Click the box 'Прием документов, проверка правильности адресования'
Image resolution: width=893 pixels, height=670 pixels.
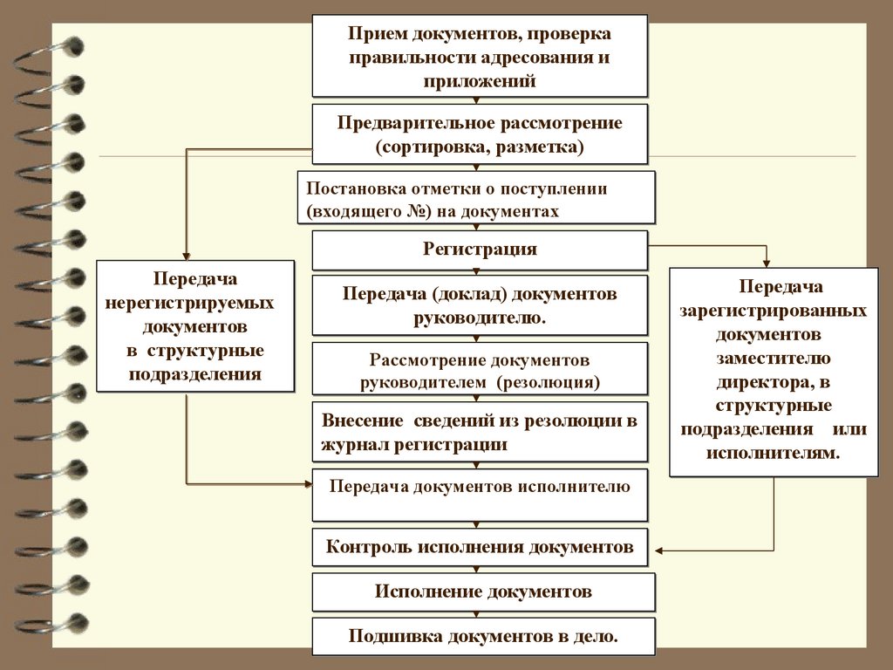coord(480,55)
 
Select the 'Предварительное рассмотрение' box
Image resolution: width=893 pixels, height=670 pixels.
coord(480,134)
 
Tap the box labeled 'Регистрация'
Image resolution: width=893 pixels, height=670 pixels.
coord(480,250)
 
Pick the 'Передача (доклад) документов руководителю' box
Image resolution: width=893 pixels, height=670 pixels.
coord(480,305)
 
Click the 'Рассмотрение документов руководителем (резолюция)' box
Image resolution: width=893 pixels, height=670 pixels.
coord(480,370)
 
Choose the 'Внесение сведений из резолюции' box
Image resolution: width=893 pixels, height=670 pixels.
coord(480,432)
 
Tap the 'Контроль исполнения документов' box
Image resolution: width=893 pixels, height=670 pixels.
coord(480,548)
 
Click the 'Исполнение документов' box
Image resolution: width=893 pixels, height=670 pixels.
coord(483,591)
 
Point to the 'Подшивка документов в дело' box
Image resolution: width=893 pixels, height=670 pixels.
coord(483,636)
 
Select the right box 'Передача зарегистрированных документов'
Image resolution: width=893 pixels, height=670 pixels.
coord(774,371)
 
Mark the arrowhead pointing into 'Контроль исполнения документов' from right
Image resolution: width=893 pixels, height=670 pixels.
coord(658,550)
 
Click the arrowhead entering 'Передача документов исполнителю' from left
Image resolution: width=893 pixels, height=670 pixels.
coord(307,481)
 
